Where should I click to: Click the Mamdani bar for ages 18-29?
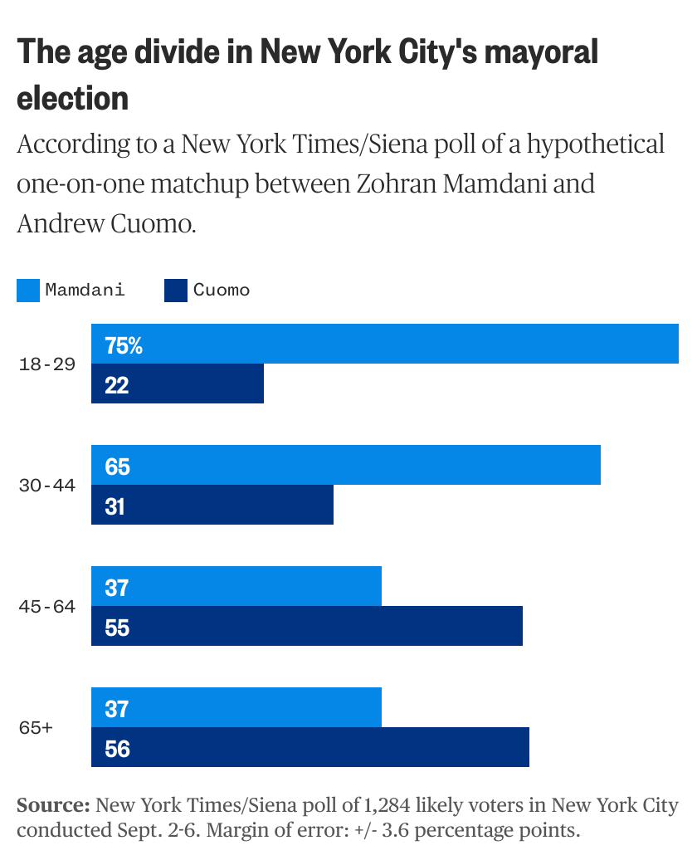point(385,344)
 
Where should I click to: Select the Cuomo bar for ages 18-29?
point(178,384)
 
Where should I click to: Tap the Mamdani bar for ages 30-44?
point(346,466)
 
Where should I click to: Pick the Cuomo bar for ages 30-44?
point(212,506)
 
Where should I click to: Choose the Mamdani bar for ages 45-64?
point(236,587)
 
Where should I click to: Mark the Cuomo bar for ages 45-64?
point(307,627)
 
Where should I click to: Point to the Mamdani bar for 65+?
point(236,708)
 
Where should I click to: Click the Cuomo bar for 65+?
point(310,748)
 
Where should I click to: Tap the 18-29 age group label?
point(47,364)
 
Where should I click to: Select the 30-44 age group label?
point(47,486)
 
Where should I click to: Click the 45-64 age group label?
point(47,607)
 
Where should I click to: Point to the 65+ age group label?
point(36,728)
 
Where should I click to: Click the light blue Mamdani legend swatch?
point(28,290)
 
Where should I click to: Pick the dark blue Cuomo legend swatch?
point(176,290)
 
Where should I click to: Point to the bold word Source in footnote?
point(53,805)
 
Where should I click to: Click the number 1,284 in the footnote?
point(386,805)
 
